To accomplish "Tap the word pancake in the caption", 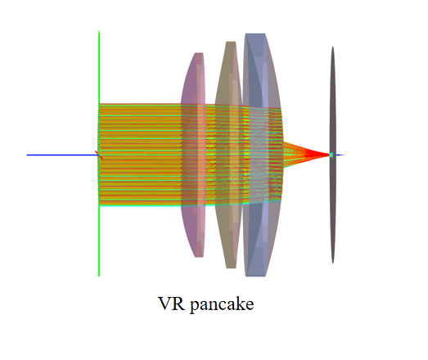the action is pyautogui.click(x=222, y=304).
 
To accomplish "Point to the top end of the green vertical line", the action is pyautogui.click(x=99, y=31).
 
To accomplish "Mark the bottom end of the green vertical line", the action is pyautogui.click(x=99, y=277).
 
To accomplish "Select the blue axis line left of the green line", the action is pyautogui.click(x=62, y=155).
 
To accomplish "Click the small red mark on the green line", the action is pyautogui.click(x=99, y=155).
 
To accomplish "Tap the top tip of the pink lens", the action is pyautogui.click(x=199, y=53).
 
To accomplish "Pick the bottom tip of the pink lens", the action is pyautogui.click(x=199, y=257).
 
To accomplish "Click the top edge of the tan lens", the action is pyautogui.click(x=231, y=42).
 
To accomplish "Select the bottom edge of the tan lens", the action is pyautogui.click(x=231, y=268).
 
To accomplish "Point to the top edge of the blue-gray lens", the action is pyautogui.click(x=255, y=34).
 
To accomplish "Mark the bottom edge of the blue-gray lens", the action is pyautogui.click(x=255, y=276).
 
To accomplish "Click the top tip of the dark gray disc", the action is pyautogui.click(x=333, y=47).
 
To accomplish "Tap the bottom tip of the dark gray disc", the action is pyautogui.click(x=333, y=263).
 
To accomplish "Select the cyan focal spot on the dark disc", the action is pyautogui.click(x=331, y=155).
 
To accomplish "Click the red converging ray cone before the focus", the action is pyautogui.click(x=306, y=155).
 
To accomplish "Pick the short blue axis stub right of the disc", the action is pyautogui.click(x=340, y=155).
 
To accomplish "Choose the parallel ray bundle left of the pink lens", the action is pyautogui.click(x=140, y=155).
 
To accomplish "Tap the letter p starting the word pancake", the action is pyautogui.click(x=194, y=306).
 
